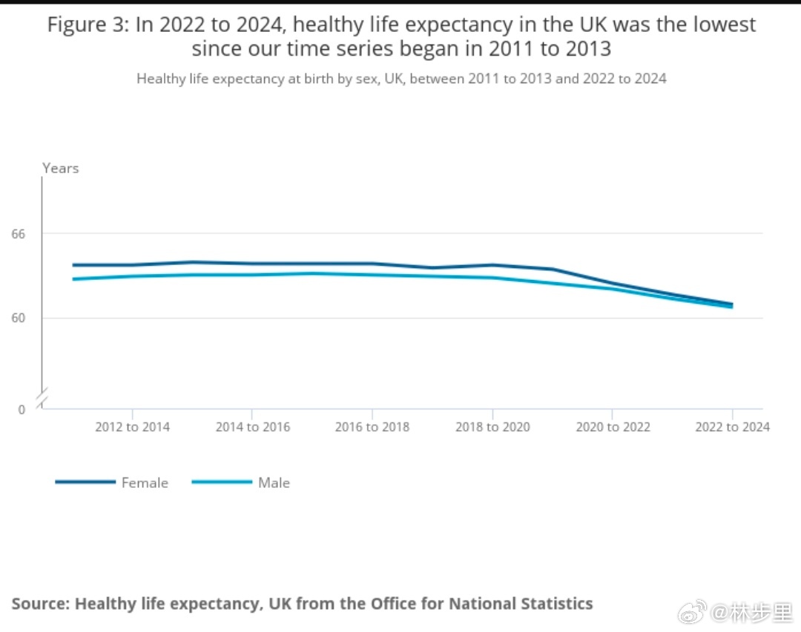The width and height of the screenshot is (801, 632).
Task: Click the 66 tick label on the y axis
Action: tap(18, 234)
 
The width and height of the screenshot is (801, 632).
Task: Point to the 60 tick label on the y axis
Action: tap(18, 318)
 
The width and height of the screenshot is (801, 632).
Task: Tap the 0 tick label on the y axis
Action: tap(21, 409)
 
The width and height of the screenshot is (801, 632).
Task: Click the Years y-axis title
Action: tap(60, 168)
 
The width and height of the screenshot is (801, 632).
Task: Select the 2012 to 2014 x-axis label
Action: tap(132, 427)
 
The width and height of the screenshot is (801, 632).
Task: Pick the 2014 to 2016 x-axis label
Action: tap(252, 427)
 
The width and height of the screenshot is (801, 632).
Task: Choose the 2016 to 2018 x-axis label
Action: tap(372, 427)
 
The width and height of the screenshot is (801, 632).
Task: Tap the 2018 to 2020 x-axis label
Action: tap(492, 427)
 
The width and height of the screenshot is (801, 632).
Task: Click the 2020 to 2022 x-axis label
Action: tap(613, 427)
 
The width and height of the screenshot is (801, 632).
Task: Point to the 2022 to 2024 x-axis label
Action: tap(732, 427)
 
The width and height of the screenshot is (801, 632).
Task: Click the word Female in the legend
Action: tap(145, 483)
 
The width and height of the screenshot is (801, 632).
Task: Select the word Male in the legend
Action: tap(274, 483)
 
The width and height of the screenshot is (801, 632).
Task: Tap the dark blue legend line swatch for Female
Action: tap(85, 482)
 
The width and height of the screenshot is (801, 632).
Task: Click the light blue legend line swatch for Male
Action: tap(222, 482)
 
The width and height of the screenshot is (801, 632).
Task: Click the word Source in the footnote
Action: tap(39, 603)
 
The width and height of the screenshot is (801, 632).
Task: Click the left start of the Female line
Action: tap(73, 264)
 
